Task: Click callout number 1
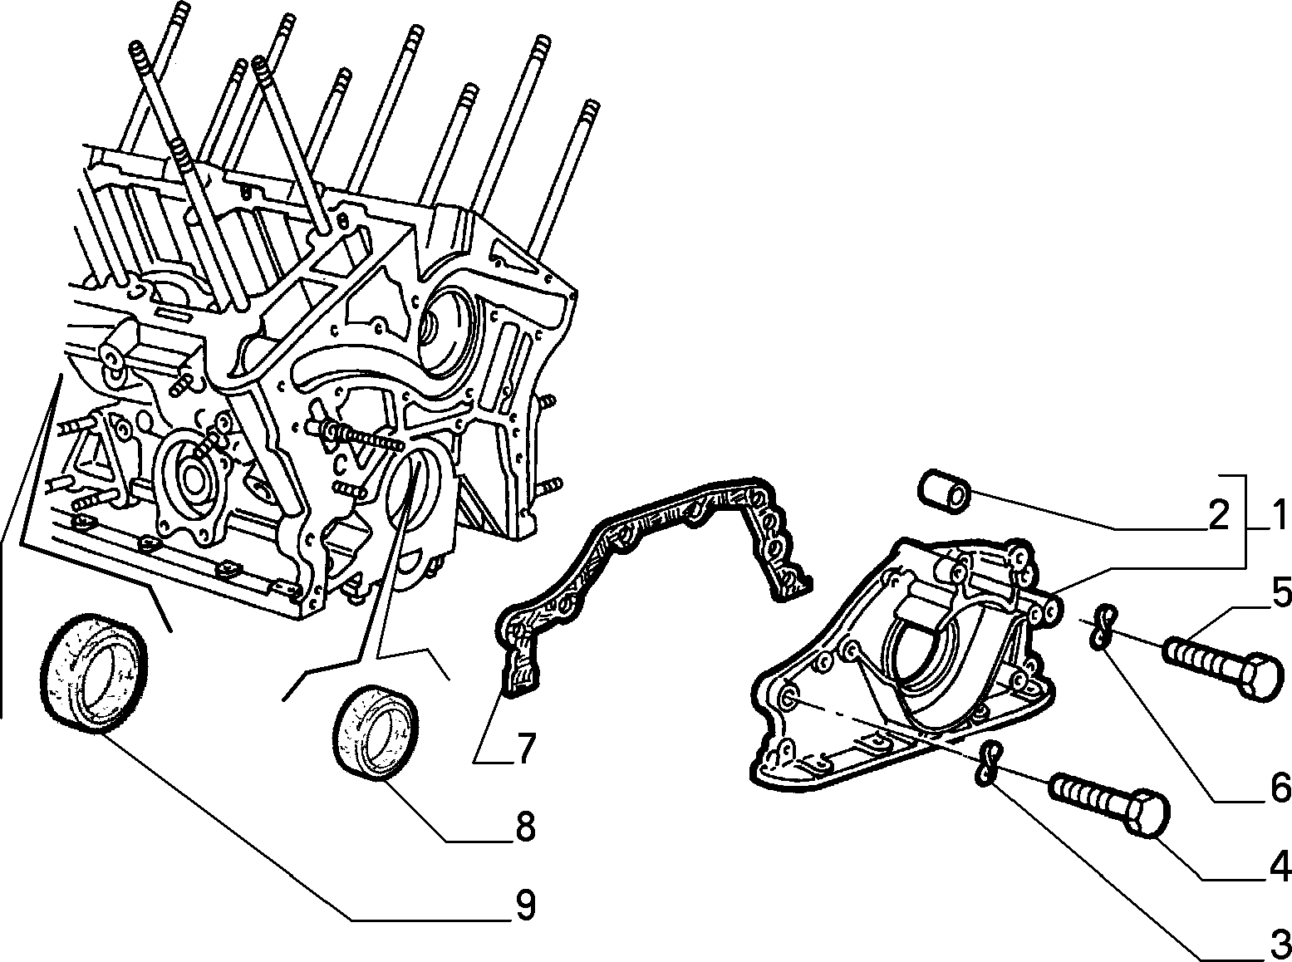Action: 1275,516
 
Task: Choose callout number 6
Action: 1277,788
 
